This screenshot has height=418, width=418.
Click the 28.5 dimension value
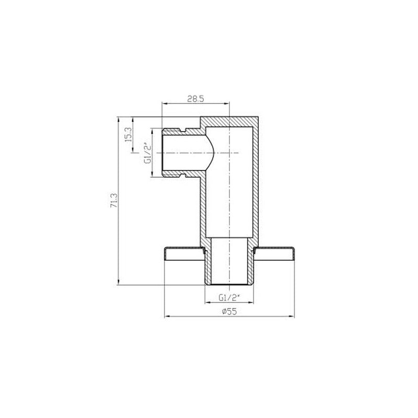(x=195, y=99)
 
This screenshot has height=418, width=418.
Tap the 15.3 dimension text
(x=128, y=134)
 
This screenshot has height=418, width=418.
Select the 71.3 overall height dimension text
(x=114, y=201)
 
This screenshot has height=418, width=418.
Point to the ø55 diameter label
(x=229, y=311)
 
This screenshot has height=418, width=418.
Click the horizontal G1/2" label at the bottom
(x=229, y=297)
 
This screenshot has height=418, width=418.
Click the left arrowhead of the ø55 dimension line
(x=167, y=317)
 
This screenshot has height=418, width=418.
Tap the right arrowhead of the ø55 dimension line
(x=292, y=317)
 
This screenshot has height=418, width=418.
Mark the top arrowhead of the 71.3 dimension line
(x=119, y=119)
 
